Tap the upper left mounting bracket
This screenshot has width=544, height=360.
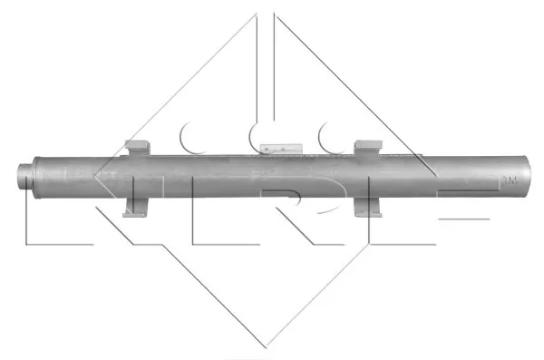click(138, 147)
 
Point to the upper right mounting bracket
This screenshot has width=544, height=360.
click(368, 147)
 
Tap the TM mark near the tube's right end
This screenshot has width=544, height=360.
click(510, 180)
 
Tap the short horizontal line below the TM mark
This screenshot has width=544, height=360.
click(462, 219)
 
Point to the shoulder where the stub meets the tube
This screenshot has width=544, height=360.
click(37, 171)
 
